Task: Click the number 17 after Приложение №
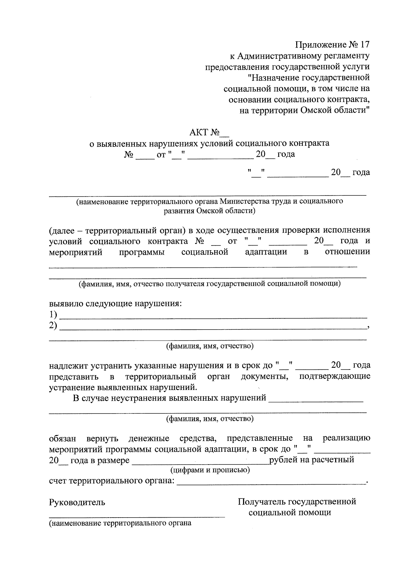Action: (364, 45)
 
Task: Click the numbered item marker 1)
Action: (53, 315)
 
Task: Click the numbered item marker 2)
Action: (53, 325)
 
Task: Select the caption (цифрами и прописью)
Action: (210, 470)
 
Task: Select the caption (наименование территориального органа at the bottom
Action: (120, 523)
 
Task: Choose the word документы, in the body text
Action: (265, 376)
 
